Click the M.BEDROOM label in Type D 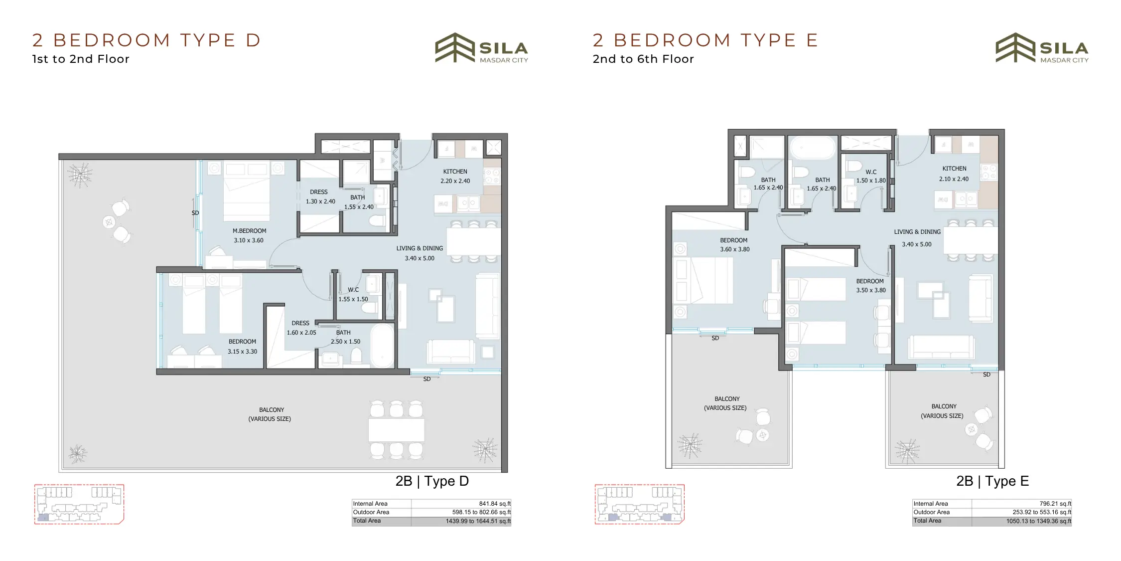coord(249,231)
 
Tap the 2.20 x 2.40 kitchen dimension coord(455,181)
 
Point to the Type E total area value coord(1038,521)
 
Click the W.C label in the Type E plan coord(871,172)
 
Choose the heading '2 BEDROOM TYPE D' coord(146,40)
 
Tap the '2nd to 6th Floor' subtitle coord(643,59)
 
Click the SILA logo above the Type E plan coord(1042,48)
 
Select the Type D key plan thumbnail coord(79,504)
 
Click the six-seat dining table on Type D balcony coord(396,429)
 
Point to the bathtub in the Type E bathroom coord(813,148)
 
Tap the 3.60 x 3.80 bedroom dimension coord(734,249)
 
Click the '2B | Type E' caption coord(992,481)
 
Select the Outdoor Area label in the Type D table coord(371,512)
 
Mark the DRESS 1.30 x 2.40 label coord(320,196)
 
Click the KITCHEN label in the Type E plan coord(954,169)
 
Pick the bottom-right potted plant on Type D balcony coord(485,449)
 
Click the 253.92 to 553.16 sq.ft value coord(1042,512)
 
